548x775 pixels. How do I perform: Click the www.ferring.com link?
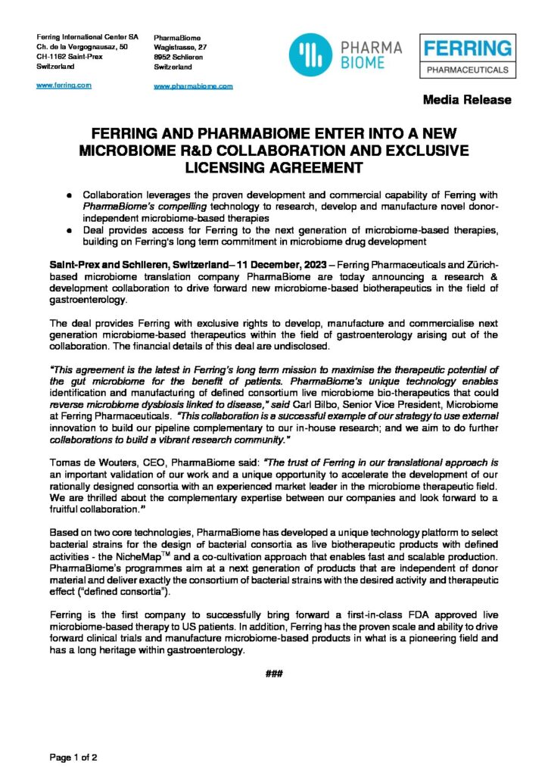click(64, 85)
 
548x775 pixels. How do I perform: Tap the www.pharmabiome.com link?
click(193, 86)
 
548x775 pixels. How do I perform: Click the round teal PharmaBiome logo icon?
click(310, 56)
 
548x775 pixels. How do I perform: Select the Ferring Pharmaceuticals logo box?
click(467, 57)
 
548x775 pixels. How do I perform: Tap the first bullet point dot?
click(70, 195)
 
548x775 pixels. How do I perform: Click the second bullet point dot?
click(70, 231)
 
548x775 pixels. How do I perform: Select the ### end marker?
click(274, 673)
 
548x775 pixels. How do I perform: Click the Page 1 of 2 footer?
click(73, 756)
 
